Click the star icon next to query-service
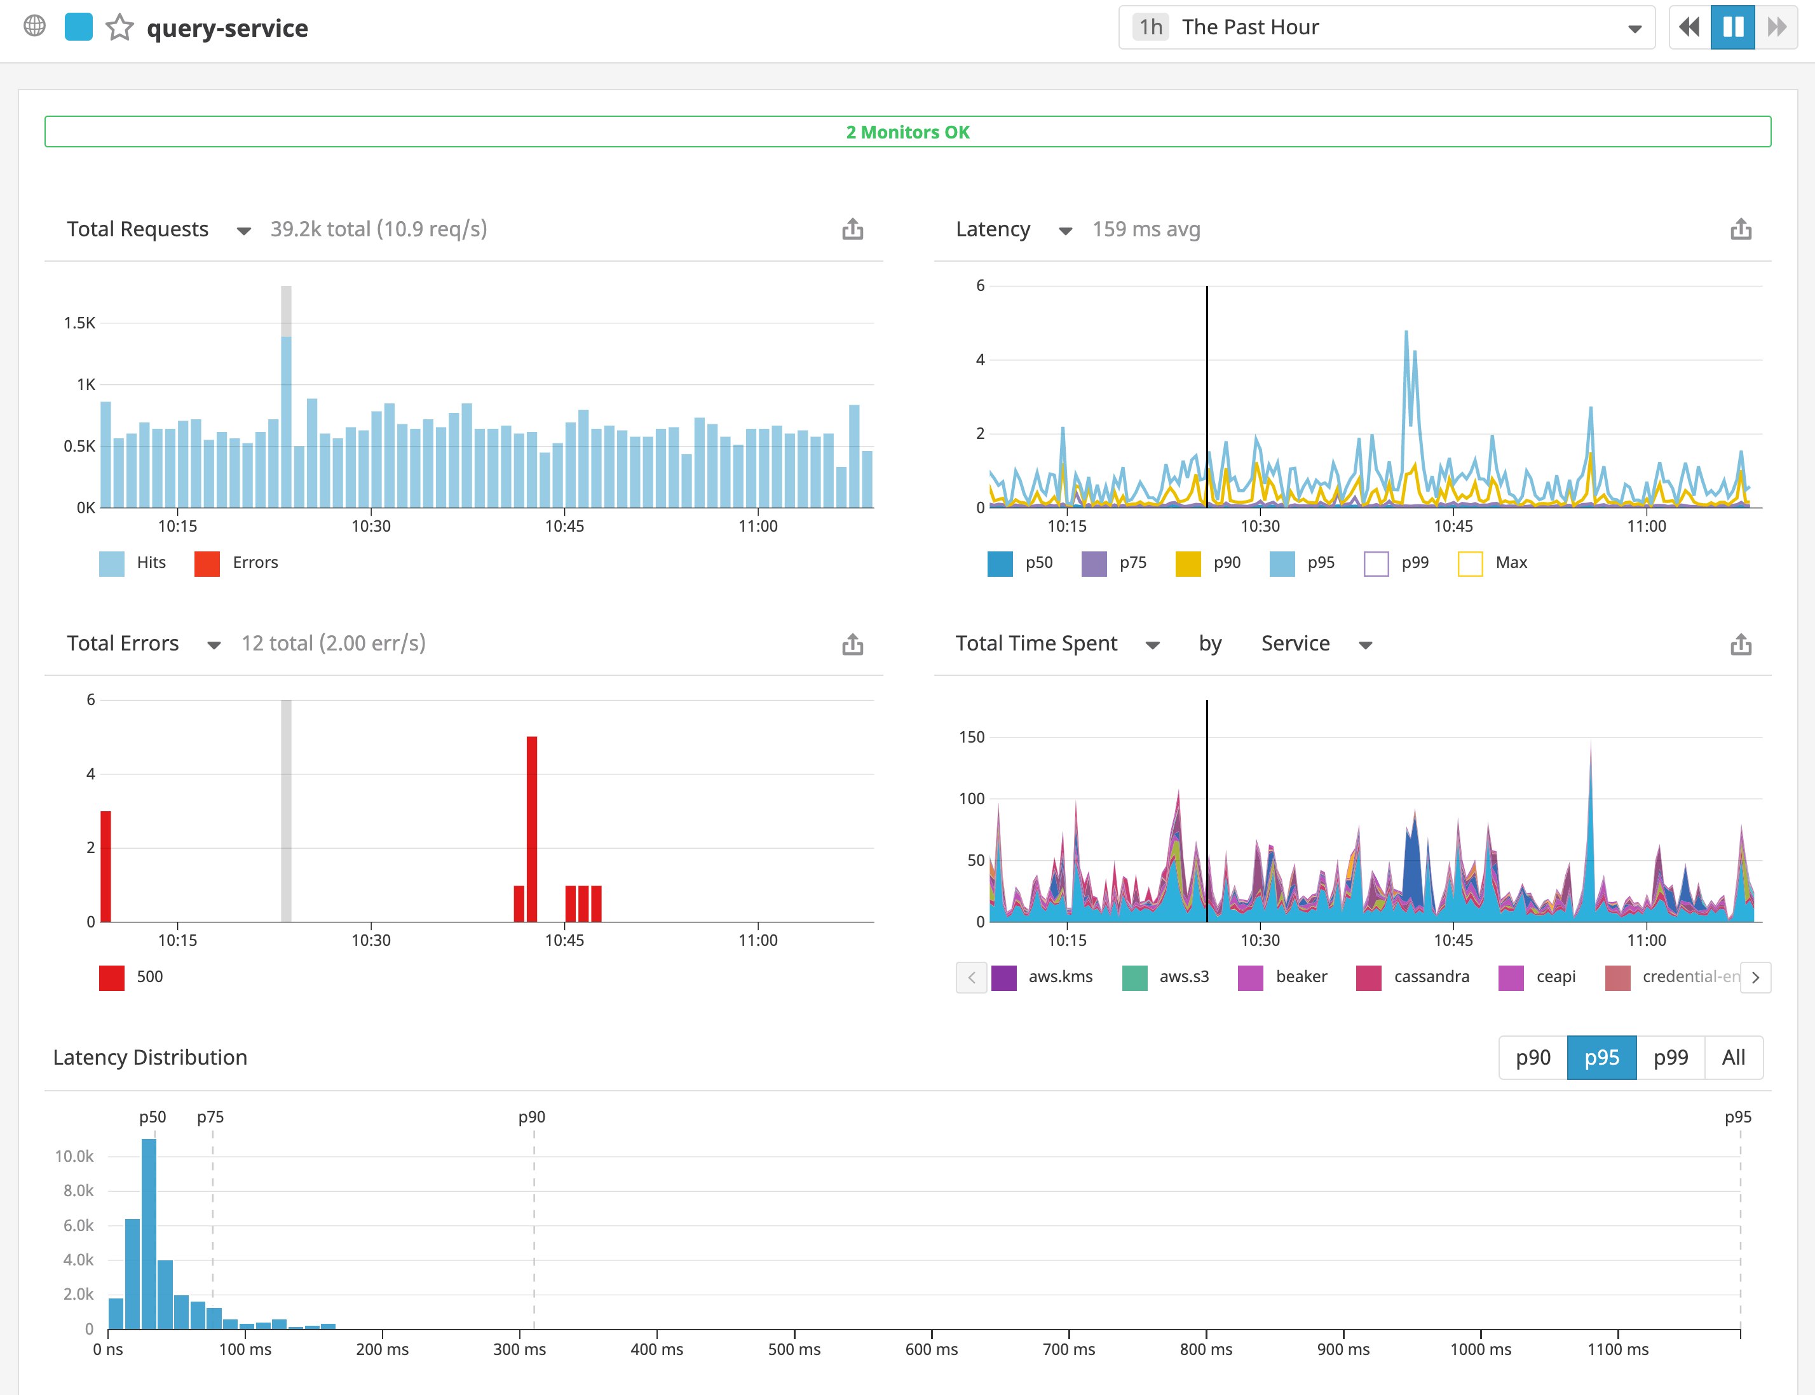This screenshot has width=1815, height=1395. [119, 27]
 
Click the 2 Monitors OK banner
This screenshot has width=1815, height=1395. [907, 132]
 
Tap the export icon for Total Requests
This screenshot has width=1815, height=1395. [852, 229]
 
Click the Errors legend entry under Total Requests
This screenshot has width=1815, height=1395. [237, 563]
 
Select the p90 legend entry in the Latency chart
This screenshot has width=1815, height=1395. [1209, 563]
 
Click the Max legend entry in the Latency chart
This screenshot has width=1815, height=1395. [1493, 563]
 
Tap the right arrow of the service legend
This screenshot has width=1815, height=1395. [1755, 978]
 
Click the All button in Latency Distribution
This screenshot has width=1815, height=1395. [1733, 1058]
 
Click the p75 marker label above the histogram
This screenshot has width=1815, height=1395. [210, 1117]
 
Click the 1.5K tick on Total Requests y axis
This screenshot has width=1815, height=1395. [79, 323]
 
